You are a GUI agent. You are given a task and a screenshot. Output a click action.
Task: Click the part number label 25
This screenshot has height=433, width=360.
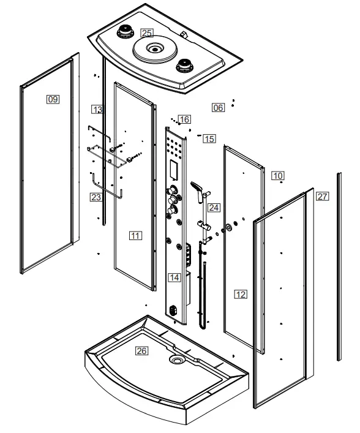click(147, 32)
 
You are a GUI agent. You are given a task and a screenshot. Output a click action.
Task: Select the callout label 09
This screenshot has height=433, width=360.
click(53, 99)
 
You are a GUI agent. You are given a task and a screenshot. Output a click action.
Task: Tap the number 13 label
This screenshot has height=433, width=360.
click(97, 109)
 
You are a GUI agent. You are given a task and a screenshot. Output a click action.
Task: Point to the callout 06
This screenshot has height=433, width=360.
click(218, 107)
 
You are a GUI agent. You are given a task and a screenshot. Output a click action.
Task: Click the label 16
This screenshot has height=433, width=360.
click(184, 119)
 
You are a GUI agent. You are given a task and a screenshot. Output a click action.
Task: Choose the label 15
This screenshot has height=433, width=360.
click(209, 139)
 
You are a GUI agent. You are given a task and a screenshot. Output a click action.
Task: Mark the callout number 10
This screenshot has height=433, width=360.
click(278, 176)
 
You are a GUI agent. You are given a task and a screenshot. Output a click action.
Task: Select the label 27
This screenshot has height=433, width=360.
click(323, 197)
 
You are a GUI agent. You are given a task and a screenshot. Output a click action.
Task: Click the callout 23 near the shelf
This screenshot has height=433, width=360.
click(96, 197)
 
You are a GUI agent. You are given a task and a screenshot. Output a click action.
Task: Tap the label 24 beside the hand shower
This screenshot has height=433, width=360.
click(213, 208)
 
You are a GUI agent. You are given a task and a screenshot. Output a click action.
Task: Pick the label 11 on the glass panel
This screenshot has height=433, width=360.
click(136, 235)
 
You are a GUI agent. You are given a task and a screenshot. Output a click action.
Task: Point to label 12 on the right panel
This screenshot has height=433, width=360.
click(241, 295)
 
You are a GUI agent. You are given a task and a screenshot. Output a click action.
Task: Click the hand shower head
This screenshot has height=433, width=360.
click(195, 186)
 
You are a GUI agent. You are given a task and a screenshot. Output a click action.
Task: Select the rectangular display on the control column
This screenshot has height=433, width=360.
click(175, 165)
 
